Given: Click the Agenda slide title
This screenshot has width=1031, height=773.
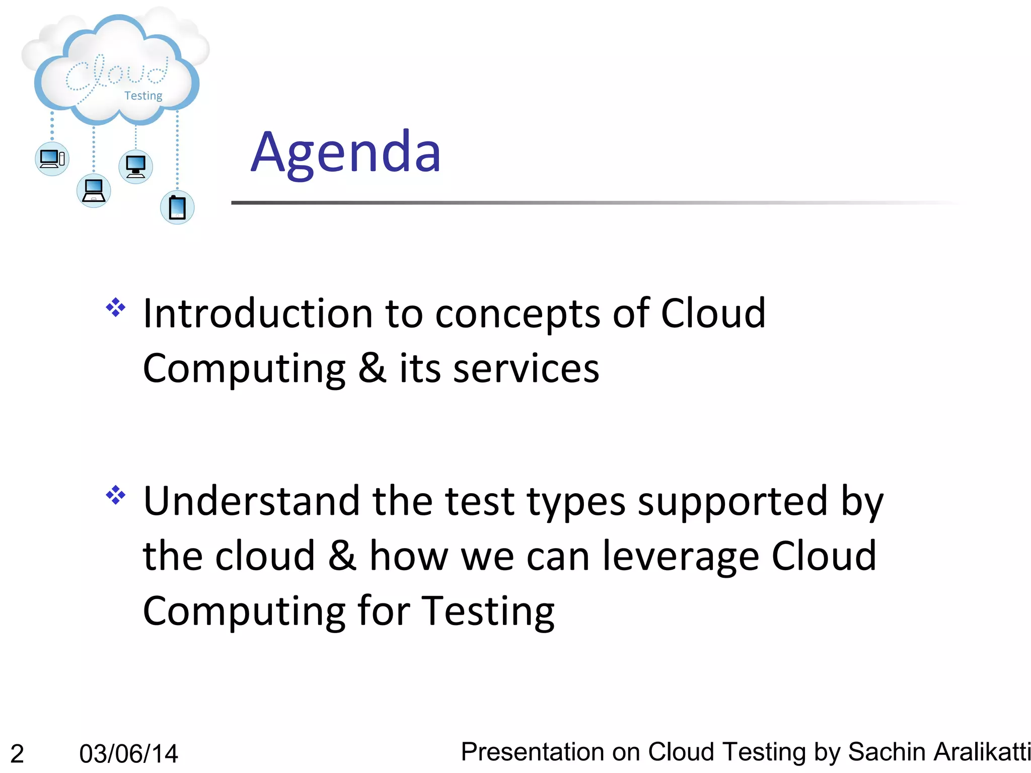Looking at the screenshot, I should tap(346, 152).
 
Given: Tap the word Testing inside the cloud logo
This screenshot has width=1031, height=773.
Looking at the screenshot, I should tap(143, 96).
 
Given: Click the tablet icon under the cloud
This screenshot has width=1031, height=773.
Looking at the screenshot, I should tap(177, 207).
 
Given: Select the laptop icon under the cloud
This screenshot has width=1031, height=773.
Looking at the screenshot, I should tap(94, 191).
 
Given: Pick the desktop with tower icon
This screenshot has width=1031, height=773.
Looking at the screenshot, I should tap(52, 159).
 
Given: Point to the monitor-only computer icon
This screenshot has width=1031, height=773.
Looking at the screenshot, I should tap(135, 167).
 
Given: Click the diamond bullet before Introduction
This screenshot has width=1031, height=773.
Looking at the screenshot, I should tap(116, 307).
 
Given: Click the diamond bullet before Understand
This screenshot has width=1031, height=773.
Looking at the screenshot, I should tap(116, 495).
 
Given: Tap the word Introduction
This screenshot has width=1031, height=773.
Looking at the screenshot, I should tap(258, 313).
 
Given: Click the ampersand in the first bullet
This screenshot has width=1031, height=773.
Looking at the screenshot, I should tap(373, 368).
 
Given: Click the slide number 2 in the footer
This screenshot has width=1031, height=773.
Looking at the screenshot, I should tap(17, 754).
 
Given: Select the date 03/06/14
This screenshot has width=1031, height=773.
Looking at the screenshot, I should tap(128, 754).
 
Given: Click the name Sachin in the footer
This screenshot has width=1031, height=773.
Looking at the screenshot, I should tap(887, 752).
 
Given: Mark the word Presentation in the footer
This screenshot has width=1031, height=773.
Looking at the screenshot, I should tap(532, 752).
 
